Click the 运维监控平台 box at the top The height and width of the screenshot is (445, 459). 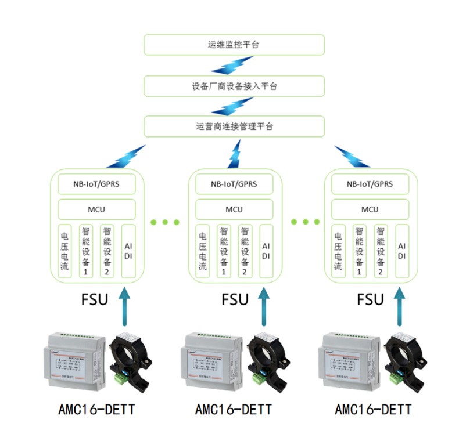point(234,45)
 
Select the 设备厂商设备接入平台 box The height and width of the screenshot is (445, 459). point(234,86)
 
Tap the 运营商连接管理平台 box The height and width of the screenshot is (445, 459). point(234,126)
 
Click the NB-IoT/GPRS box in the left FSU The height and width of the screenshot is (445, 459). point(96,184)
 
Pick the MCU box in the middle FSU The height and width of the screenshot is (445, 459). point(234,209)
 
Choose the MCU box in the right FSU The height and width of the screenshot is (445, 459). point(370,209)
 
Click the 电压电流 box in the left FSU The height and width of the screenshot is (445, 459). point(64,251)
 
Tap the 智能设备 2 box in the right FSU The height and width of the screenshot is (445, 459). point(381,251)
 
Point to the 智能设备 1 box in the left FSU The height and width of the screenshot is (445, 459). point(86,251)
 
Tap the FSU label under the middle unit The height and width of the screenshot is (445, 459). point(235,299)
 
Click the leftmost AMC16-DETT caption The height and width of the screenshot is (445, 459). point(96,410)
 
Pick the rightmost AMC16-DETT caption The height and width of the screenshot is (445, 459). point(373,410)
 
